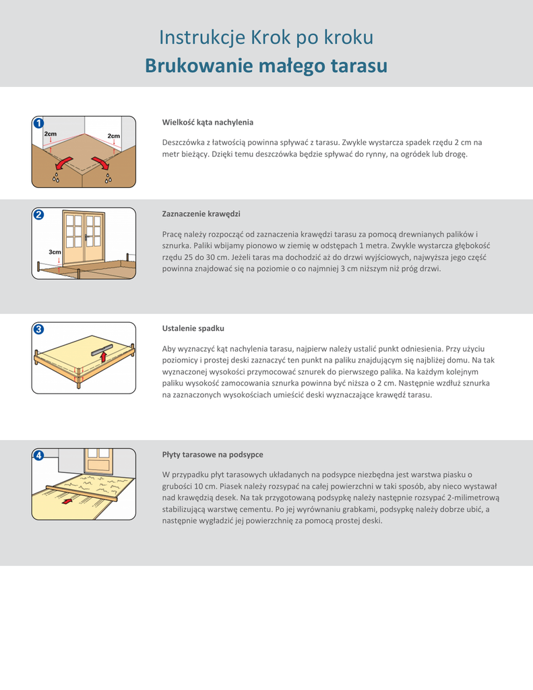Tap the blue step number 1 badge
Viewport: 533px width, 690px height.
38,123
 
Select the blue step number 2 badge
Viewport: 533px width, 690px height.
38,215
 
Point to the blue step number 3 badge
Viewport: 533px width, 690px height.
38,330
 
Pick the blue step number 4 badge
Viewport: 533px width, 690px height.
38,456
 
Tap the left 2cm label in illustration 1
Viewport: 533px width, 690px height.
51,134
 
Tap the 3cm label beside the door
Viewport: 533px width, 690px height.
55,252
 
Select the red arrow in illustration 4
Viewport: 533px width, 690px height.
65,501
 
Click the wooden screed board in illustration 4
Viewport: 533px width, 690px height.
81,493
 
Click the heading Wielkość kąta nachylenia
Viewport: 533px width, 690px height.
208,122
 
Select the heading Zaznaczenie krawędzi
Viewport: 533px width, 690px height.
201,214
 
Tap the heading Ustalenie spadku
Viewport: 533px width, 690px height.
193,328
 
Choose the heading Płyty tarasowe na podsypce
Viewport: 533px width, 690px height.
212,454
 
